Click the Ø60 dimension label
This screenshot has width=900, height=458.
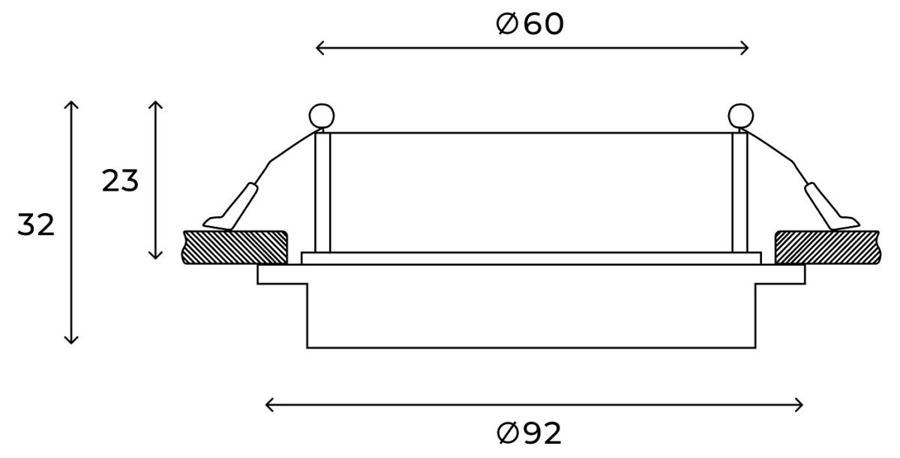click(x=530, y=25)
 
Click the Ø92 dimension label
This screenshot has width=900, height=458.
click(x=529, y=433)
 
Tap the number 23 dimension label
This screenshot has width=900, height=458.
click(x=121, y=181)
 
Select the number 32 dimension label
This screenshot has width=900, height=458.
click(x=37, y=225)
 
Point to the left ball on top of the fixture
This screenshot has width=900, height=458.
click(x=321, y=116)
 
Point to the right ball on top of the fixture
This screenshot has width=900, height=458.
click(x=740, y=116)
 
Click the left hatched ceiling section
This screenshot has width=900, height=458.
click(x=235, y=247)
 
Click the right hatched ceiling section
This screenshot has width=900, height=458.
click(x=827, y=247)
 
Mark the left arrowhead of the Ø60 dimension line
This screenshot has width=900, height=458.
click(x=319, y=49)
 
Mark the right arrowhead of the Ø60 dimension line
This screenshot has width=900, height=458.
click(x=746, y=49)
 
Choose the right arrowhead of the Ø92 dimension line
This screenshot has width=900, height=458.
click(x=800, y=405)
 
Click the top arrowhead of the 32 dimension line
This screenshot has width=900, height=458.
click(x=71, y=104)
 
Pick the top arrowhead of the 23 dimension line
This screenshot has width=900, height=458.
click(x=155, y=104)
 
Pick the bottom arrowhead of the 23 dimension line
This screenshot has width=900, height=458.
click(x=155, y=255)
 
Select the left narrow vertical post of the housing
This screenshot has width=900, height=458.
click(x=322, y=192)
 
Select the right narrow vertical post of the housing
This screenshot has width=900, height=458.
click(x=740, y=192)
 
